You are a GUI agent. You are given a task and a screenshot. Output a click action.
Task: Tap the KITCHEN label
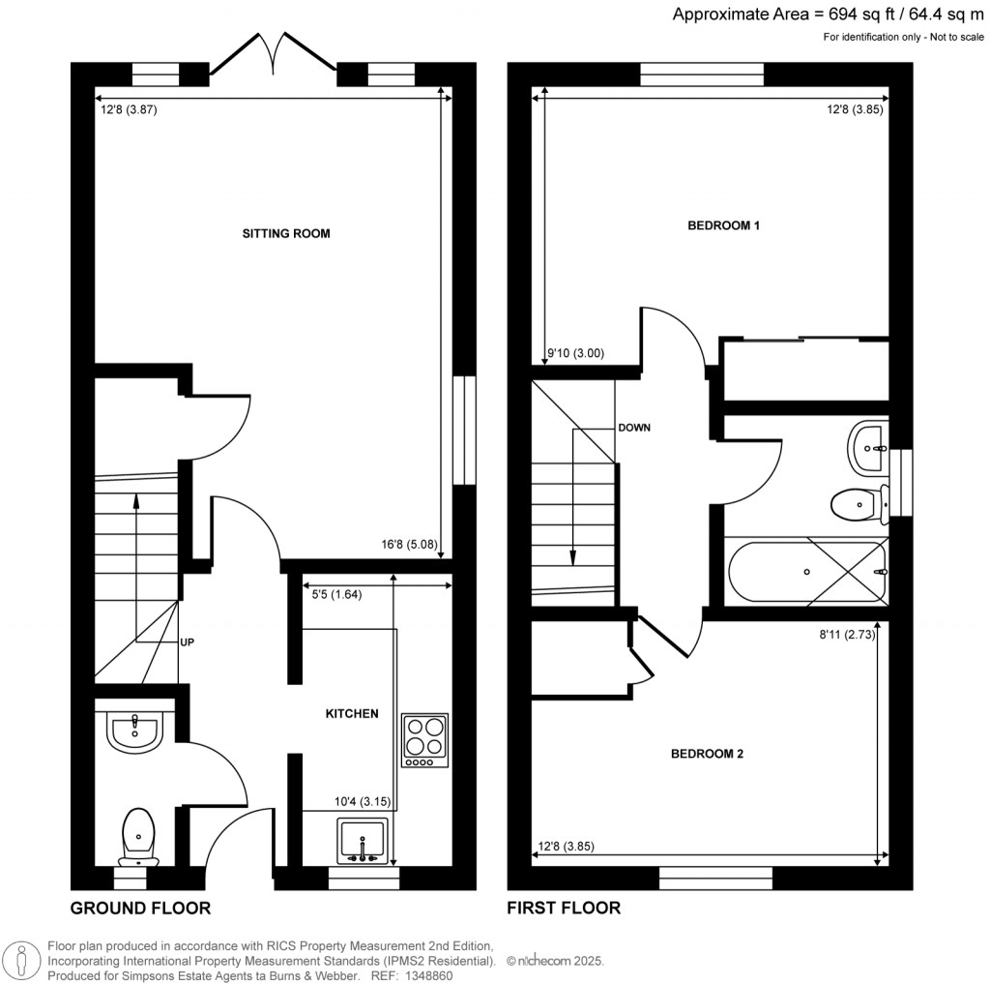tap(351, 714)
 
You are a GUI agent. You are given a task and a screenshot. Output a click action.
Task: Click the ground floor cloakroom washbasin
tap(134, 731)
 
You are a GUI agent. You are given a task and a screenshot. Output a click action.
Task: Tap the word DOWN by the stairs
tap(633, 427)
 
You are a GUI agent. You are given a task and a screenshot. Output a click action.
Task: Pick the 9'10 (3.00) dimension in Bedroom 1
tap(575, 354)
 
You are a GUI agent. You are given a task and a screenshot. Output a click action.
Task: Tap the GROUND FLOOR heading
tap(140, 908)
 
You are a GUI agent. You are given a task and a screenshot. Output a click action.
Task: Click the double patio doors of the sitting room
tap(274, 54)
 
